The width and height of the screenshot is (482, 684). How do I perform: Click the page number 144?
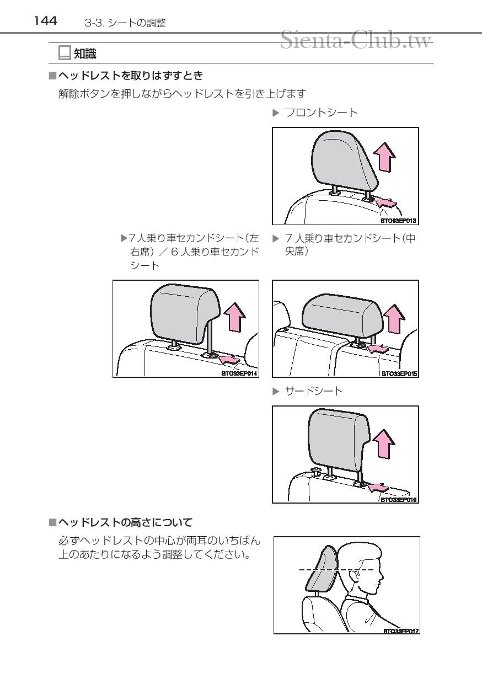(45, 21)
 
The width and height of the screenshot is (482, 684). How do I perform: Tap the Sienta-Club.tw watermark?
(356, 40)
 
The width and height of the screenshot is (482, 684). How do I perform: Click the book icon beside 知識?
(65, 53)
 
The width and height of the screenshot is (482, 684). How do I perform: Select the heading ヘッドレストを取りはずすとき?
(131, 76)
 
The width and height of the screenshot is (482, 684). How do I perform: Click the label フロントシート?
(321, 113)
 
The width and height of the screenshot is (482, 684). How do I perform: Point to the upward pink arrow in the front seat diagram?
(385, 156)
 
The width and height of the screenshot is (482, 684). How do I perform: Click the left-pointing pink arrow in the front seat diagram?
(387, 202)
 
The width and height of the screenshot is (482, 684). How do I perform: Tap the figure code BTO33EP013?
(398, 221)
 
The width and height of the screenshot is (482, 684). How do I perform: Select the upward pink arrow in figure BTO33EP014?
(234, 317)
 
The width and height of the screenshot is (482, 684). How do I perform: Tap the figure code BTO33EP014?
(239, 373)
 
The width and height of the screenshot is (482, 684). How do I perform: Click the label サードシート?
(313, 391)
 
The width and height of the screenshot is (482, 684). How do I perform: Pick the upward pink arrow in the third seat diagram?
(384, 443)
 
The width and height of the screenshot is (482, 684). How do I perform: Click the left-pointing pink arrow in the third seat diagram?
(378, 488)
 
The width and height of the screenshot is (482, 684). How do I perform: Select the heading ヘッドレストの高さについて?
(125, 522)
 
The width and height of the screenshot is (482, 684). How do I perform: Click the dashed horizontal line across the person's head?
(337, 570)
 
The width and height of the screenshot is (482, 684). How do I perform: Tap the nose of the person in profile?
(381, 575)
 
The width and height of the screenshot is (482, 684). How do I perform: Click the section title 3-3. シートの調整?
(125, 23)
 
